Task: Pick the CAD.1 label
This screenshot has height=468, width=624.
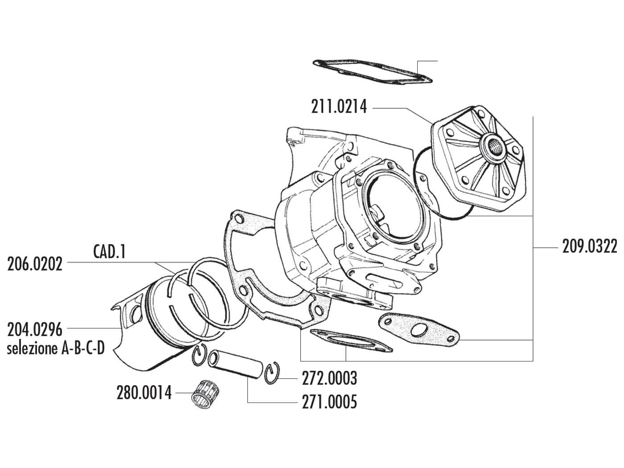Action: coord(110,252)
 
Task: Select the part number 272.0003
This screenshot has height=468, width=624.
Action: coord(328,378)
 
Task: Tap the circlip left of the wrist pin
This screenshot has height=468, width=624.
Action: coord(200,357)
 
